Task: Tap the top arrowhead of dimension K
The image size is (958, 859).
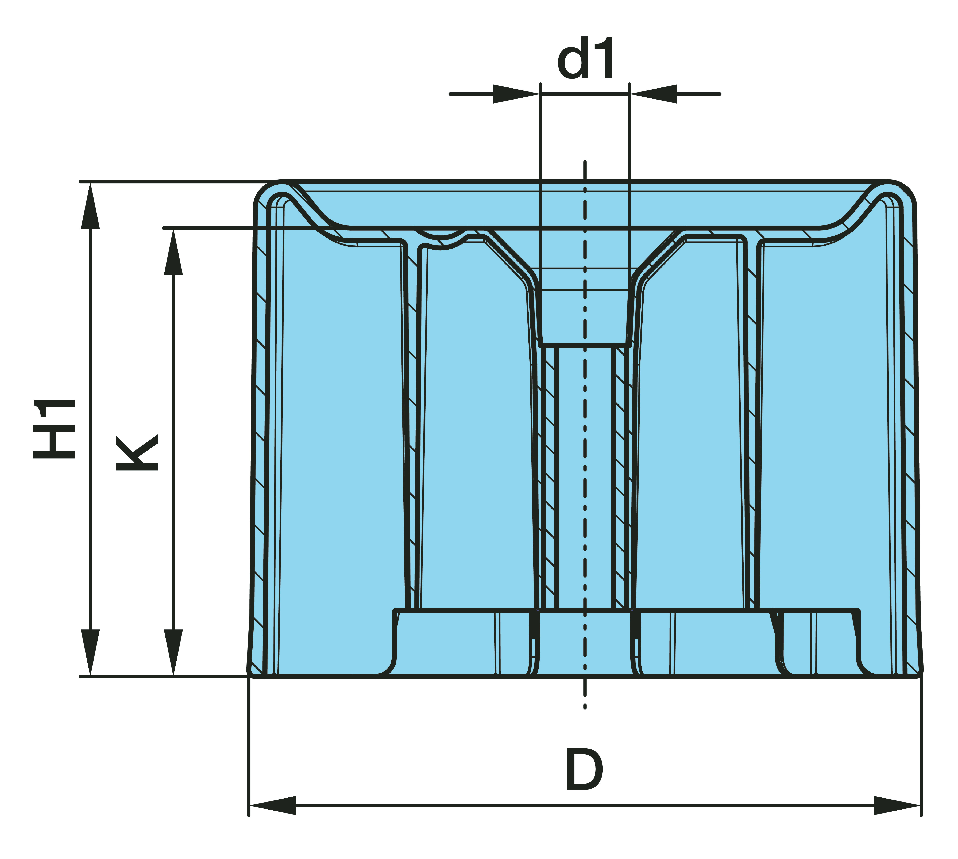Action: [173, 251]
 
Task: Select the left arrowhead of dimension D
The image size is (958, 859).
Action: [273, 806]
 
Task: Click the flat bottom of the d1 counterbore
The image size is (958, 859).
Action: [585, 345]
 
